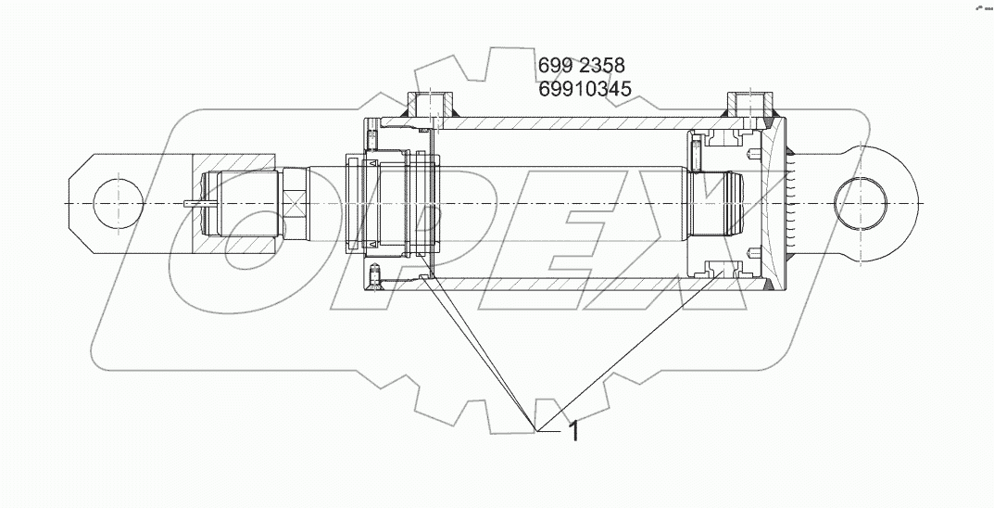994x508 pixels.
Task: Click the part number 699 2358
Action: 581,66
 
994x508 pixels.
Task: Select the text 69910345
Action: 584,89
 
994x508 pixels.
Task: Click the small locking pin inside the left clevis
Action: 199,203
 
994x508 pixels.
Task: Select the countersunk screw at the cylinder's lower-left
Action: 375,274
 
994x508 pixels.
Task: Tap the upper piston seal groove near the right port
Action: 723,138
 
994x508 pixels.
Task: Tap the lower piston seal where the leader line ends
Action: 723,269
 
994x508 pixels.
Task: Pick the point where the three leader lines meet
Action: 535,429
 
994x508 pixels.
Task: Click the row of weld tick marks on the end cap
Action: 792,202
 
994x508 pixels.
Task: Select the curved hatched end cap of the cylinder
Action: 771,202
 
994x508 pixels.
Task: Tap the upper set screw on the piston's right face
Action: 758,154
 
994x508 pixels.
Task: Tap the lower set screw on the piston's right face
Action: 758,252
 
